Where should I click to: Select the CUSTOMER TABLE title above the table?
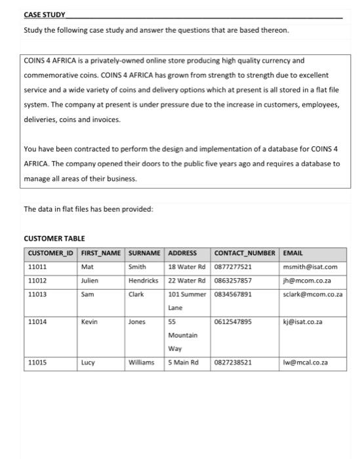54,238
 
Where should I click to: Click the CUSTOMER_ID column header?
50,253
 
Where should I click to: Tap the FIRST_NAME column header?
100,253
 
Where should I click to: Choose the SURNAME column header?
144,253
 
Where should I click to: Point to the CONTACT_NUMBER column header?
245,253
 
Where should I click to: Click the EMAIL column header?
293,253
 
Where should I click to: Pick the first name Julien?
90,281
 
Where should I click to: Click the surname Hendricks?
144,281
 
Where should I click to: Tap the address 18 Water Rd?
187,267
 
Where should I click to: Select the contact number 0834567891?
233,294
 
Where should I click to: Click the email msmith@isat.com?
310,267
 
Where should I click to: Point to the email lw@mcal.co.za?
306,362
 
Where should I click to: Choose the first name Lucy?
88,362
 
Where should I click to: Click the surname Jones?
137,322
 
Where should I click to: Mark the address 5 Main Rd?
183,362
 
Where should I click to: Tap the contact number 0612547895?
233,322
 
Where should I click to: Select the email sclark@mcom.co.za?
313,294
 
